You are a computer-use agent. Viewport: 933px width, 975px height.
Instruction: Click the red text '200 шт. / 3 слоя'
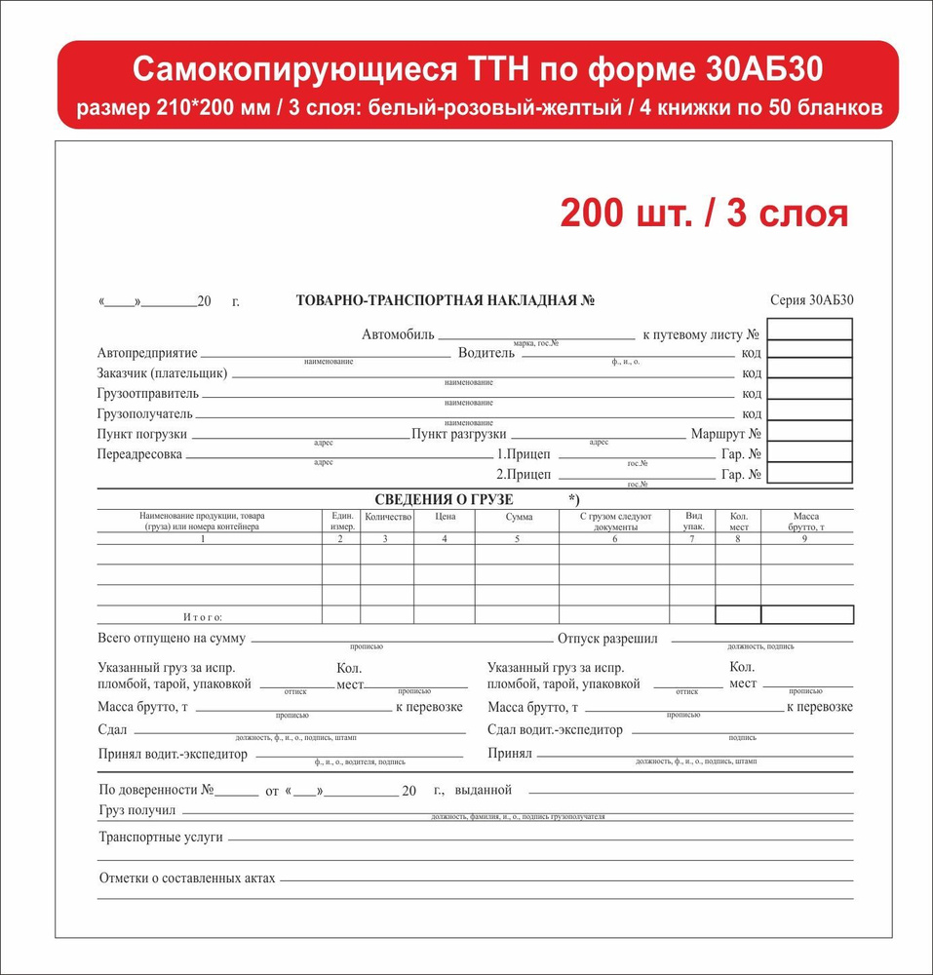coord(704,214)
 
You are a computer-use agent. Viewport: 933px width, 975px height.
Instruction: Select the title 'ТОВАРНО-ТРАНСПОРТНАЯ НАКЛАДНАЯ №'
coord(446,300)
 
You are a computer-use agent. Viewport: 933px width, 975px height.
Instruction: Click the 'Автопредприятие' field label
coord(147,353)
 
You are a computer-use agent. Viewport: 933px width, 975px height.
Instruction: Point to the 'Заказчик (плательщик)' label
coord(162,372)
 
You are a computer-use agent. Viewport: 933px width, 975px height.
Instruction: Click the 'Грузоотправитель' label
coord(148,394)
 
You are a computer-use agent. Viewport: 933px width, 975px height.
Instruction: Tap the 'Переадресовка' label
coord(139,454)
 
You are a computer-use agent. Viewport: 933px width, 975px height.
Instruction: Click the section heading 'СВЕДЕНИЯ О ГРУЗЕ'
coord(437,499)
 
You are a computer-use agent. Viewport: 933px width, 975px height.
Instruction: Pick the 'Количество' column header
coord(388,517)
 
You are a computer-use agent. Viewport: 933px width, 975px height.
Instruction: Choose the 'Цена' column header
coord(445,517)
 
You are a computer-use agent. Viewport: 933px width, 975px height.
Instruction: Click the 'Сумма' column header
coord(519,517)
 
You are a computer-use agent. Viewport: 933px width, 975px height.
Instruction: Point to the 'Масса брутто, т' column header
coord(806,522)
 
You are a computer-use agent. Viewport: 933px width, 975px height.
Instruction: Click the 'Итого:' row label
coord(203,617)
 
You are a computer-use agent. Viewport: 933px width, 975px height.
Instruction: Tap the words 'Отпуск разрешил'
coord(607,640)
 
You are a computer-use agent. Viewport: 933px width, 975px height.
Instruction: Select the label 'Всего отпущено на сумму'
coord(172,640)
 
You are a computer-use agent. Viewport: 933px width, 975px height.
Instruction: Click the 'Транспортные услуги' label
coord(161,838)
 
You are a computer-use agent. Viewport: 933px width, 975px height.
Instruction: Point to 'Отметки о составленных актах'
coord(187,878)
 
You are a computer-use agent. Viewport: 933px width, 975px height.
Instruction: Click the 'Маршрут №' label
coord(725,434)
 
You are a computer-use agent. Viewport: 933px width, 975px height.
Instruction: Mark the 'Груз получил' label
coord(137,810)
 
